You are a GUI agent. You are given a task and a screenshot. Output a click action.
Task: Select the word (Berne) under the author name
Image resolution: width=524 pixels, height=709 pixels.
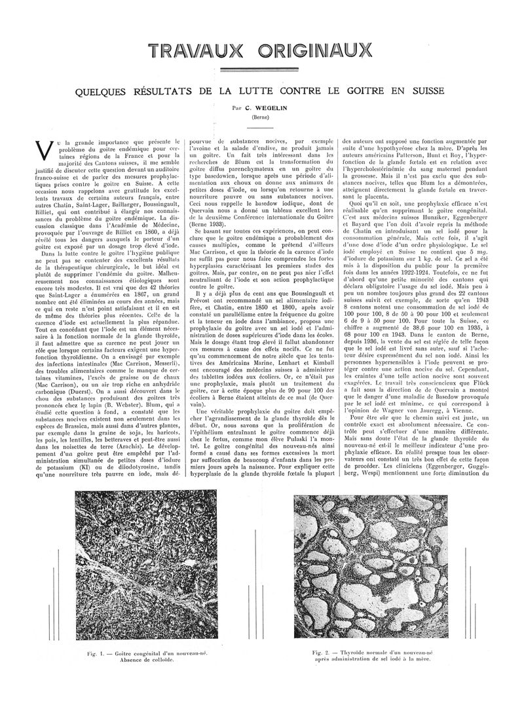pos(262,116)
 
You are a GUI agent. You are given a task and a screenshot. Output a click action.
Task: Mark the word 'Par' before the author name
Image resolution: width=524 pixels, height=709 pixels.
pos(236,106)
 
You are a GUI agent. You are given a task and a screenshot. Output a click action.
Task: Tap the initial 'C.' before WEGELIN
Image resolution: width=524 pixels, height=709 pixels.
pos(248,106)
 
